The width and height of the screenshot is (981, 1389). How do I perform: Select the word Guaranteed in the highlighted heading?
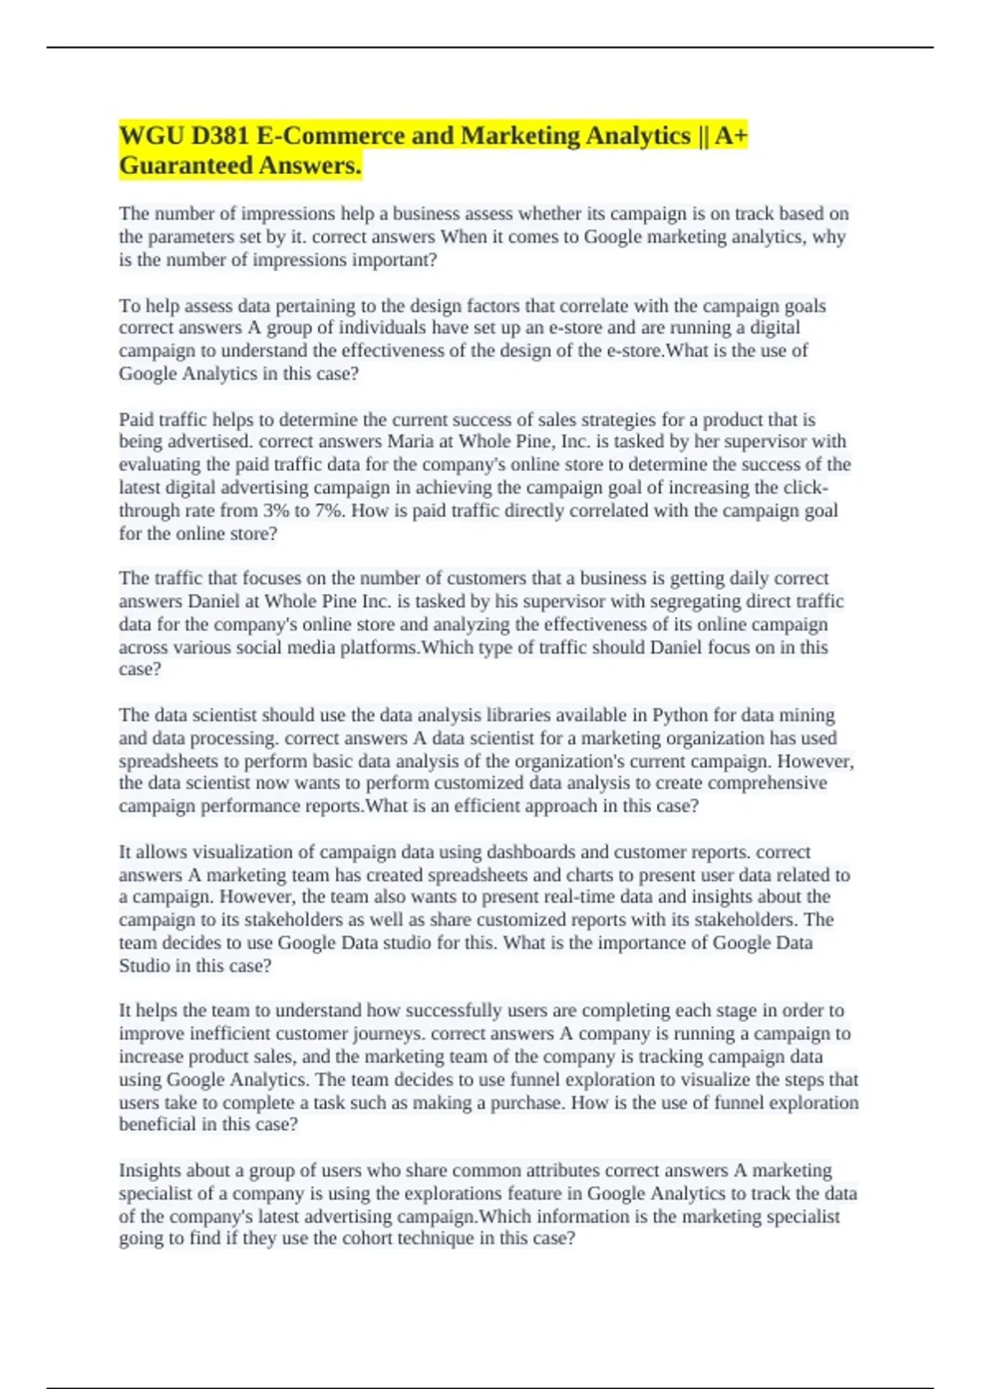pyautogui.click(x=186, y=166)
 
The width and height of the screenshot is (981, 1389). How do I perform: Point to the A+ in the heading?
pyautogui.click(x=732, y=136)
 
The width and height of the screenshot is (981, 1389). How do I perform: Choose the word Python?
pyautogui.click(x=680, y=715)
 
